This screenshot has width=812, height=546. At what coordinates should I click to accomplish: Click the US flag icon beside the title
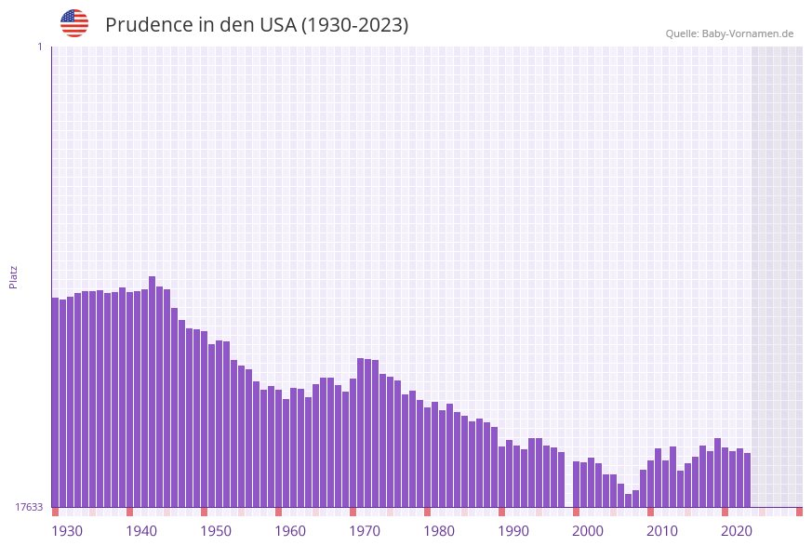(74, 23)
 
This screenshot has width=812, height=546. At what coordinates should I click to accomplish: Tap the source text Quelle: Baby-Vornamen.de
(729, 33)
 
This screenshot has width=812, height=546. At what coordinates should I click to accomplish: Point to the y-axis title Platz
(13, 276)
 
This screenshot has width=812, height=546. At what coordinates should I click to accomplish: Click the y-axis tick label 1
(39, 47)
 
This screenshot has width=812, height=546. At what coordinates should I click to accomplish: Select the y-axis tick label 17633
(29, 507)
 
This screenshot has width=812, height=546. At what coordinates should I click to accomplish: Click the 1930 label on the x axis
(67, 531)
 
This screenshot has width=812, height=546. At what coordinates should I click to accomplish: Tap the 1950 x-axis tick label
(216, 531)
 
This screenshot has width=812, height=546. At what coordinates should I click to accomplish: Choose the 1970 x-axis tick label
(365, 531)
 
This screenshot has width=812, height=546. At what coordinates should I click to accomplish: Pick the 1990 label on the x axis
(513, 531)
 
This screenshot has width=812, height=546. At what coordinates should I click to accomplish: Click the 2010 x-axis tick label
(662, 531)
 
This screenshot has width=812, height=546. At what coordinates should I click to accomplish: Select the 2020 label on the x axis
(737, 531)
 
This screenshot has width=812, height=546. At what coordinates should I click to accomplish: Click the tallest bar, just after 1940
(153, 391)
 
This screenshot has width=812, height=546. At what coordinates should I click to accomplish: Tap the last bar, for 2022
(747, 480)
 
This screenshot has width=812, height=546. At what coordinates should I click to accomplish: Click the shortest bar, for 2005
(629, 500)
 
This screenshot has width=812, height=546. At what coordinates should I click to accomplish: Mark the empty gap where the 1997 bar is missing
(568, 484)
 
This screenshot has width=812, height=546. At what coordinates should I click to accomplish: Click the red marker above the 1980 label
(428, 512)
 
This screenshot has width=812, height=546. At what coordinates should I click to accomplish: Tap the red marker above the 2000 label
(577, 512)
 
